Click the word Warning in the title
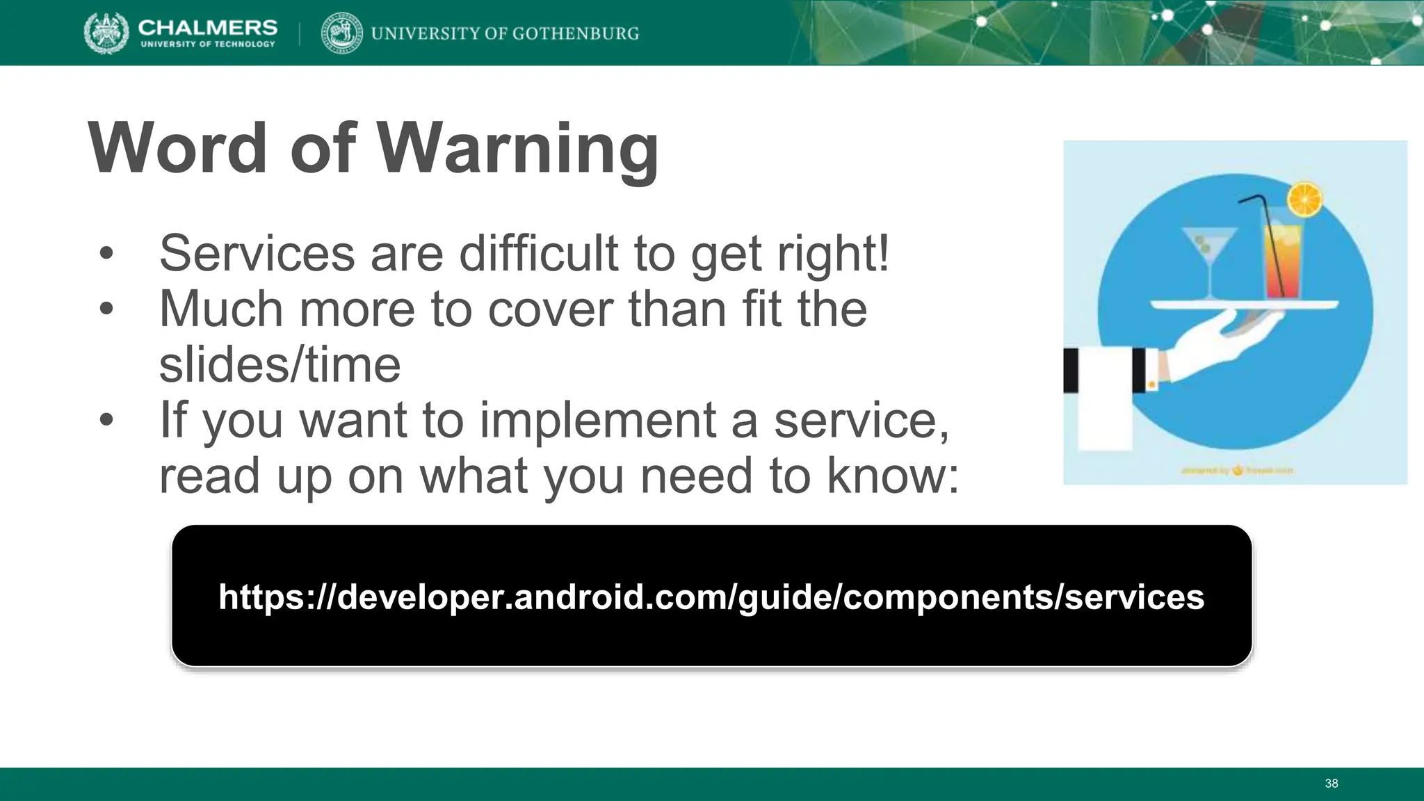click(x=518, y=148)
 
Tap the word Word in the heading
click(x=178, y=148)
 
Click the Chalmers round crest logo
click(x=106, y=33)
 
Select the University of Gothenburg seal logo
click(x=341, y=33)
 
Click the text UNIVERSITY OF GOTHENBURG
click(x=505, y=33)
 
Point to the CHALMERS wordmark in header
click(x=207, y=28)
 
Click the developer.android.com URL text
click(x=711, y=597)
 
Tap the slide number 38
click(x=1331, y=784)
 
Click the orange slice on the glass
click(x=1304, y=200)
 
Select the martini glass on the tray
click(x=1210, y=254)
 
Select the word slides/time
click(x=280, y=364)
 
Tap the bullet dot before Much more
click(x=106, y=309)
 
